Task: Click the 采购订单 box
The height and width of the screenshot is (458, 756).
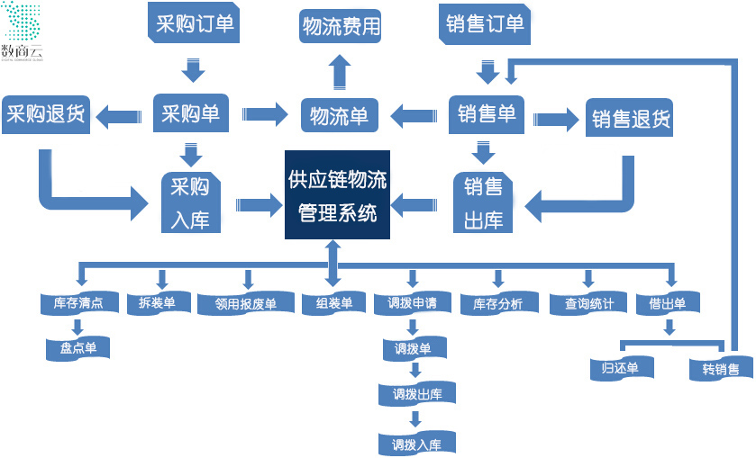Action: click(x=195, y=24)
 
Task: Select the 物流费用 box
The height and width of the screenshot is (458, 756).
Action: click(x=341, y=26)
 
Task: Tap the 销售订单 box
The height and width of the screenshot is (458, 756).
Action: click(x=485, y=24)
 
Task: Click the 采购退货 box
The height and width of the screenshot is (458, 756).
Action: click(x=45, y=114)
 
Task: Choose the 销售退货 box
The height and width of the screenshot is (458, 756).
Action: click(x=630, y=118)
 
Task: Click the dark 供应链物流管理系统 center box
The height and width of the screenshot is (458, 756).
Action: click(x=337, y=195)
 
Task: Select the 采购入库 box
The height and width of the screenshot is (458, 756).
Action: click(x=190, y=202)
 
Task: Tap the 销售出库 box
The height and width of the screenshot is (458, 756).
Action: click(x=483, y=202)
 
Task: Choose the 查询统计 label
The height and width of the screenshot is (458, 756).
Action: click(x=589, y=304)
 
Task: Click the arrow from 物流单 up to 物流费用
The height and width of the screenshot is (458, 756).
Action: click(x=340, y=71)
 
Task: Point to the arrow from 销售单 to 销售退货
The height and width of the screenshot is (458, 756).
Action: click(x=555, y=118)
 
